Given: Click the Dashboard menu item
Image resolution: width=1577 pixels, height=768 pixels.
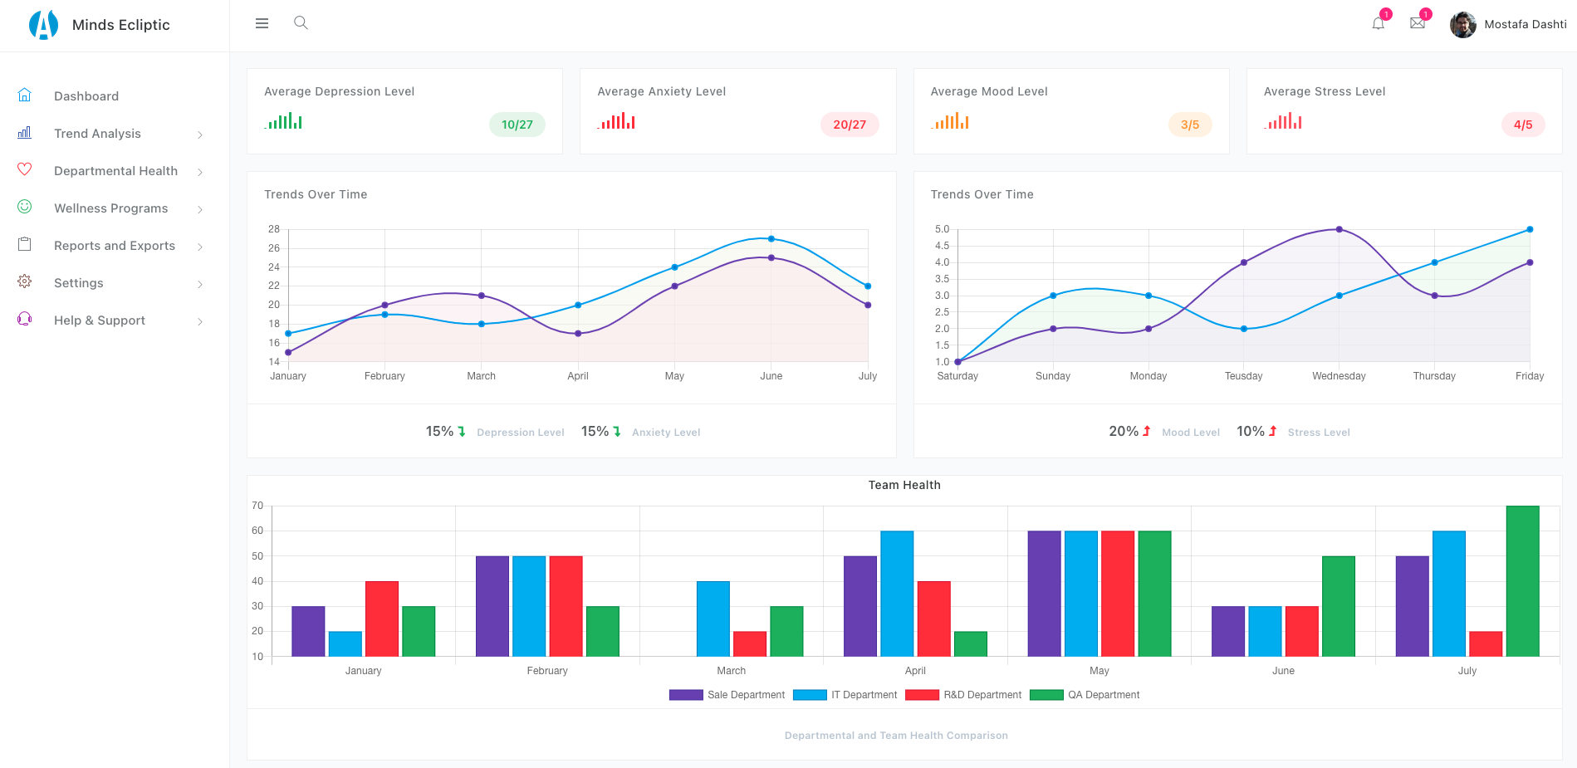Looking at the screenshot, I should tap(86, 96).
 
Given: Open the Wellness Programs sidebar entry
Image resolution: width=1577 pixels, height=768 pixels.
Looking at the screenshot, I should tap(110, 208).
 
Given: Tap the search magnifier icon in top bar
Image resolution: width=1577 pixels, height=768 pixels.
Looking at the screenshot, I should tap(301, 23).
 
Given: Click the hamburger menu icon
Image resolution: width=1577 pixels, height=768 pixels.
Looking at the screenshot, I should tap(262, 23).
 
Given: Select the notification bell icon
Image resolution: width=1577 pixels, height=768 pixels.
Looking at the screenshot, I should tap(1378, 23).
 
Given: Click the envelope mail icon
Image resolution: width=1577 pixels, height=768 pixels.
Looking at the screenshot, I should tap(1417, 23).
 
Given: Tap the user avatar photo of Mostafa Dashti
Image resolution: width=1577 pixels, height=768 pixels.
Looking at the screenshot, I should tap(1462, 25).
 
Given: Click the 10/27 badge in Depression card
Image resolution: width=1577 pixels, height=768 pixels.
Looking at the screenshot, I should tap(517, 125).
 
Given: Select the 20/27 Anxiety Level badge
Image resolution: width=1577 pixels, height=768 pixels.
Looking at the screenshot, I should tap(849, 125).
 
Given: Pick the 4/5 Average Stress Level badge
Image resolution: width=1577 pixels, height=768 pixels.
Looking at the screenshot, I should tap(1522, 125).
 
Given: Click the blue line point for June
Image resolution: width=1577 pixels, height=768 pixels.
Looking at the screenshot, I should tap(771, 239).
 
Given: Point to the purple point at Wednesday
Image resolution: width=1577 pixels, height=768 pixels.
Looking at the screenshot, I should tap(1339, 229).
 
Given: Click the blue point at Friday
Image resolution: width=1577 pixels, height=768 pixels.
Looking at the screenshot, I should tap(1529, 229).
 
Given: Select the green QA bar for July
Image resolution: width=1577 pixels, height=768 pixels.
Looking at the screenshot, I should tap(1521, 581).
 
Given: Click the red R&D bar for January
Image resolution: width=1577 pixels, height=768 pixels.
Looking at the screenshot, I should tap(381, 619).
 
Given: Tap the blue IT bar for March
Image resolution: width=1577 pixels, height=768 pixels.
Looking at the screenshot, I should tap(713, 619).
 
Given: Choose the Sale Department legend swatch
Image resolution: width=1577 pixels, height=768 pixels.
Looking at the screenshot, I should tap(686, 695).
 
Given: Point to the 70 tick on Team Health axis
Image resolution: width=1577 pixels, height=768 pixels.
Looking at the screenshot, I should tap(257, 506).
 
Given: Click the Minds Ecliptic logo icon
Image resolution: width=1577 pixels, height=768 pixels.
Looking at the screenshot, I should tap(43, 25).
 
